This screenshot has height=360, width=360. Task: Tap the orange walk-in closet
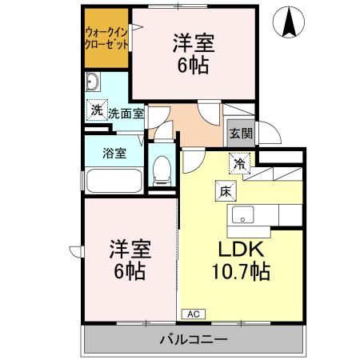coord(106,38)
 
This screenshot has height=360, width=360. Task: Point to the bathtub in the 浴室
coord(114,174)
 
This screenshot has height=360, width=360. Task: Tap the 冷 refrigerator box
coord(240,163)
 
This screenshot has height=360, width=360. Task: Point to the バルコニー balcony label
coord(192,339)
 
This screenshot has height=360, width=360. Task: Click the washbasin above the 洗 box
coord(93,82)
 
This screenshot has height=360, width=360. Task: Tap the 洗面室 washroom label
coord(126,113)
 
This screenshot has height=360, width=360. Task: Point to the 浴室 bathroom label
coord(114,153)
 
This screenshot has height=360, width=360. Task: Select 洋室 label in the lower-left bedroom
coord(129,248)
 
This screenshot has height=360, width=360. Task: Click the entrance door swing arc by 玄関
coord(270,131)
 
